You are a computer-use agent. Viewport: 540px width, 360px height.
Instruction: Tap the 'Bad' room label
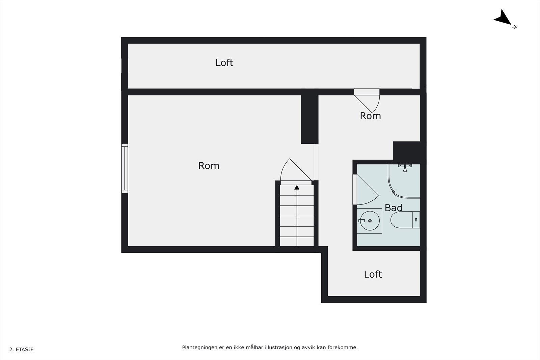394,208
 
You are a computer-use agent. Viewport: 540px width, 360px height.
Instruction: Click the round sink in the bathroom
370,221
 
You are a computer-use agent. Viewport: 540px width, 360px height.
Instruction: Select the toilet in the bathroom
405,220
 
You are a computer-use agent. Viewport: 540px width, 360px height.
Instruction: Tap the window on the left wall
125,168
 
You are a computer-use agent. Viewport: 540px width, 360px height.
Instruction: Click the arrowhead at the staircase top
297,187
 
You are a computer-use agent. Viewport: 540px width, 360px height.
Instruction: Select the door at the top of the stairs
296,172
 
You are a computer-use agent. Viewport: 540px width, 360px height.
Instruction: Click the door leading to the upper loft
367,101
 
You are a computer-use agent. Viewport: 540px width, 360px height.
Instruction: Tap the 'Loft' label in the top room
224,63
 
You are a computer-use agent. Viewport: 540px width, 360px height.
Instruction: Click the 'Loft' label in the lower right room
373,274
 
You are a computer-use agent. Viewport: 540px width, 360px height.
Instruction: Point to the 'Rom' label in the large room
209,166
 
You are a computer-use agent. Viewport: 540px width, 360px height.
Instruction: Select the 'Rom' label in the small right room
370,116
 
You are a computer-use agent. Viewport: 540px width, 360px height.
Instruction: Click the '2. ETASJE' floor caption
22,350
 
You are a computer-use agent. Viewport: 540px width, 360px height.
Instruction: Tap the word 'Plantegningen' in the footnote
200,348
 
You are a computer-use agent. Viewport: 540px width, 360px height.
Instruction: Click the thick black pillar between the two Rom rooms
310,119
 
